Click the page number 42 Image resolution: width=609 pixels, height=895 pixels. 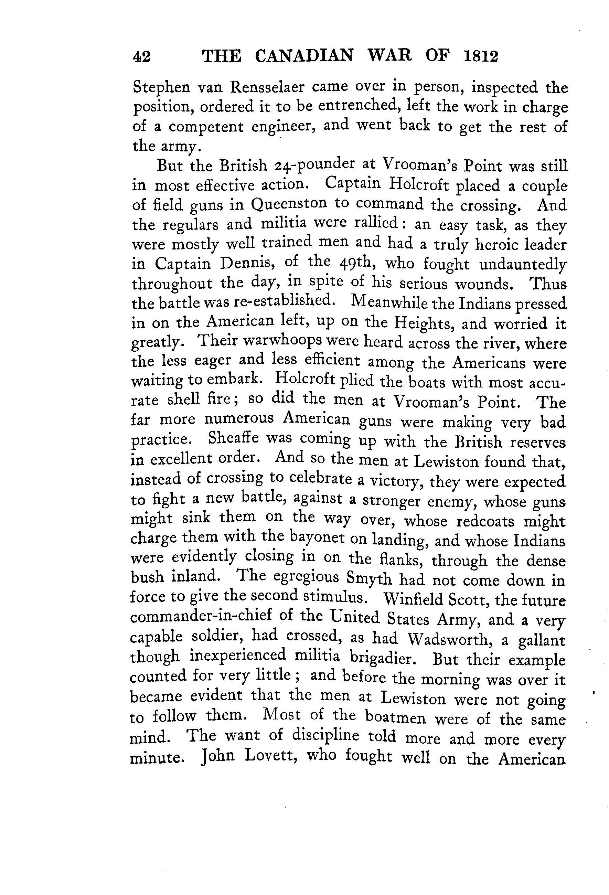(x=141, y=57)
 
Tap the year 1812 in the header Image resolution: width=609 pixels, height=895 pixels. (x=481, y=56)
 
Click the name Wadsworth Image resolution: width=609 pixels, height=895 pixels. (x=452, y=640)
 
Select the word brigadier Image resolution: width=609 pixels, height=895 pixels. (x=383, y=658)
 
